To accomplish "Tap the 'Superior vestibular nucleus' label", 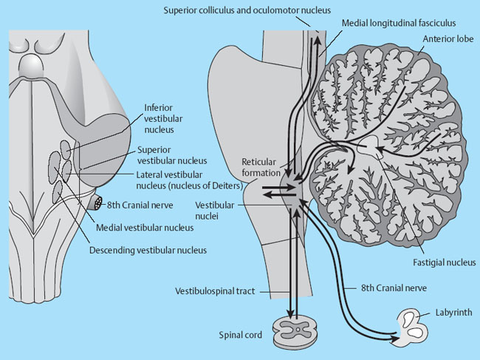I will click(170, 153).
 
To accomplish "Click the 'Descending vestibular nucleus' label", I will click(148, 250).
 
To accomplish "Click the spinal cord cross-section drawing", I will click(294, 333).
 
